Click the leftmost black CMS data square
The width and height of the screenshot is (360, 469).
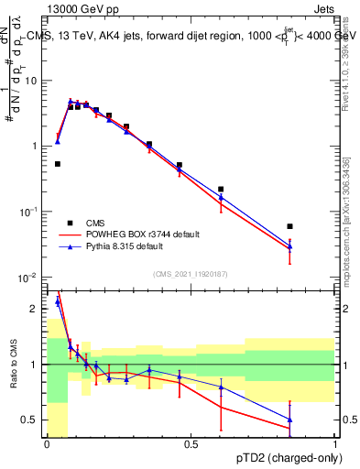[x=58, y=164]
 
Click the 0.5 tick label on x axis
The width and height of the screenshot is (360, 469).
[x=191, y=444]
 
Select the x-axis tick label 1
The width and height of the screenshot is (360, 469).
[x=334, y=444]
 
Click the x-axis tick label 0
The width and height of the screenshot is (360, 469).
[x=47, y=444]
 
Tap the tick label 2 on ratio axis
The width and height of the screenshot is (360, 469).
[x=36, y=309]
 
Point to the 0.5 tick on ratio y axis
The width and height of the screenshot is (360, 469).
[x=32, y=420]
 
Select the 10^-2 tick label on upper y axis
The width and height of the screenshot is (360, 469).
[x=30, y=278]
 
